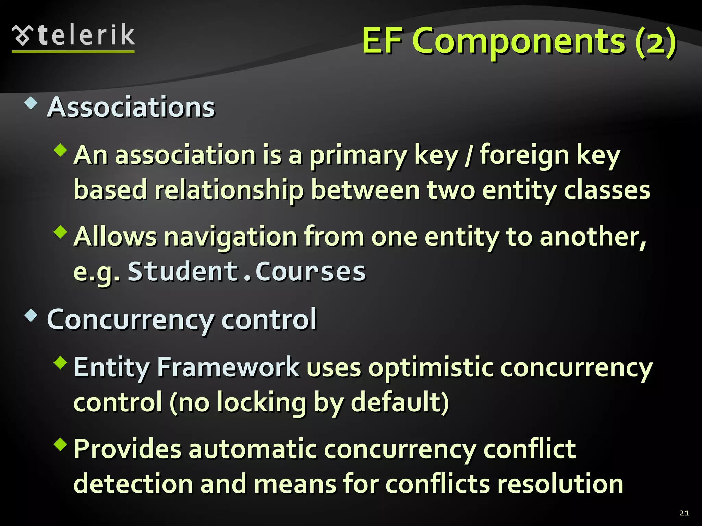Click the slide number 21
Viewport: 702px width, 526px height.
click(684, 513)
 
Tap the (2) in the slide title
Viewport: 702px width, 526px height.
click(655, 42)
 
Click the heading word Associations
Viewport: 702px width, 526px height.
click(131, 107)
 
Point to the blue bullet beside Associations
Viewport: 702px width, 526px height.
click(31, 103)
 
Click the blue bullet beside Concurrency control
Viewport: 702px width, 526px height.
click(31, 315)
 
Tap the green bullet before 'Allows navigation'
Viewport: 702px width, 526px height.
click(61, 232)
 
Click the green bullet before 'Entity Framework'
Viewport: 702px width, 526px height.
click(61, 362)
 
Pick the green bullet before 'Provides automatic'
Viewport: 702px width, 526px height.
click(61, 444)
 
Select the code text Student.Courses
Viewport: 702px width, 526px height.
click(247, 272)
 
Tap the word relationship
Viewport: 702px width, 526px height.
click(229, 190)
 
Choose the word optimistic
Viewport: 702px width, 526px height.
click(430, 368)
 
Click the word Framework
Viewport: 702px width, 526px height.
click(228, 367)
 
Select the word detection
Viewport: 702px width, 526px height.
click(133, 484)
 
